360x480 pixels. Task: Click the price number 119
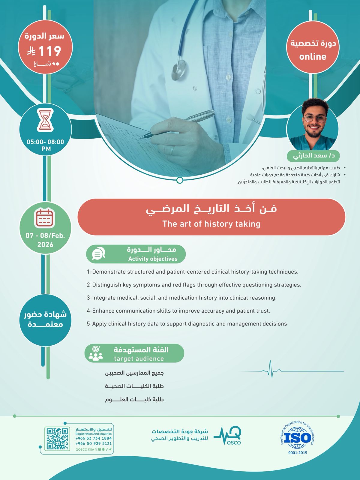coord(50,51)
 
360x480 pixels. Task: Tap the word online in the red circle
coord(313,56)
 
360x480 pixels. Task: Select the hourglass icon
coord(45,120)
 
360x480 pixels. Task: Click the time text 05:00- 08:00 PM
coord(46,145)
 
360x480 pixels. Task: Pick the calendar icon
coord(45,218)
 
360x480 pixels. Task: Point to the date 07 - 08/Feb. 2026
coord(45,240)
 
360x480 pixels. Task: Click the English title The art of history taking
coord(211,224)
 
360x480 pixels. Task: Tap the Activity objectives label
coord(153,259)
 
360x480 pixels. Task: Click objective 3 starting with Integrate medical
coord(181,298)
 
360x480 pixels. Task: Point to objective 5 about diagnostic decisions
coord(187,324)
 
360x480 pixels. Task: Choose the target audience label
coord(139,358)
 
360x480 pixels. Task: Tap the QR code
coord(57,439)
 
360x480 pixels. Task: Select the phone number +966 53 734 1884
coord(94,438)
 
